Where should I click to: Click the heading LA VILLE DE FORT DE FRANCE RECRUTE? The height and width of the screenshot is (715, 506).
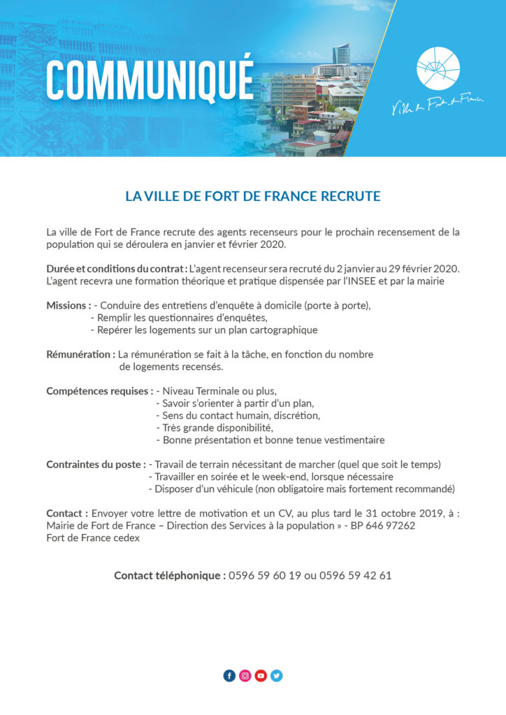point(253,196)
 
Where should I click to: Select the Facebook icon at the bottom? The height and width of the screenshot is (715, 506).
point(229,676)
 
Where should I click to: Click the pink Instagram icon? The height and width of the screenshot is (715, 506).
point(245,676)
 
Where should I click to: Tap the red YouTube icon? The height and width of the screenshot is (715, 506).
point(261,676)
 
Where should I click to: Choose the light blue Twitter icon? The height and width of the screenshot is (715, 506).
point(277,676)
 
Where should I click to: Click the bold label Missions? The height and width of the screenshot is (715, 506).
point(68,305)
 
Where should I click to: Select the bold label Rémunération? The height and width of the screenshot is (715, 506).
point(80,354)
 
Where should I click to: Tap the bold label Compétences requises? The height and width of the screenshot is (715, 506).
point(99,390)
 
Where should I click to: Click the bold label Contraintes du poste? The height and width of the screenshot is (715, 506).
point(95,464)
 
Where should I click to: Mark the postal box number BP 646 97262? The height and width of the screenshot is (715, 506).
point(383,525)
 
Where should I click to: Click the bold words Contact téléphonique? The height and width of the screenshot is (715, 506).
point(170,575)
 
